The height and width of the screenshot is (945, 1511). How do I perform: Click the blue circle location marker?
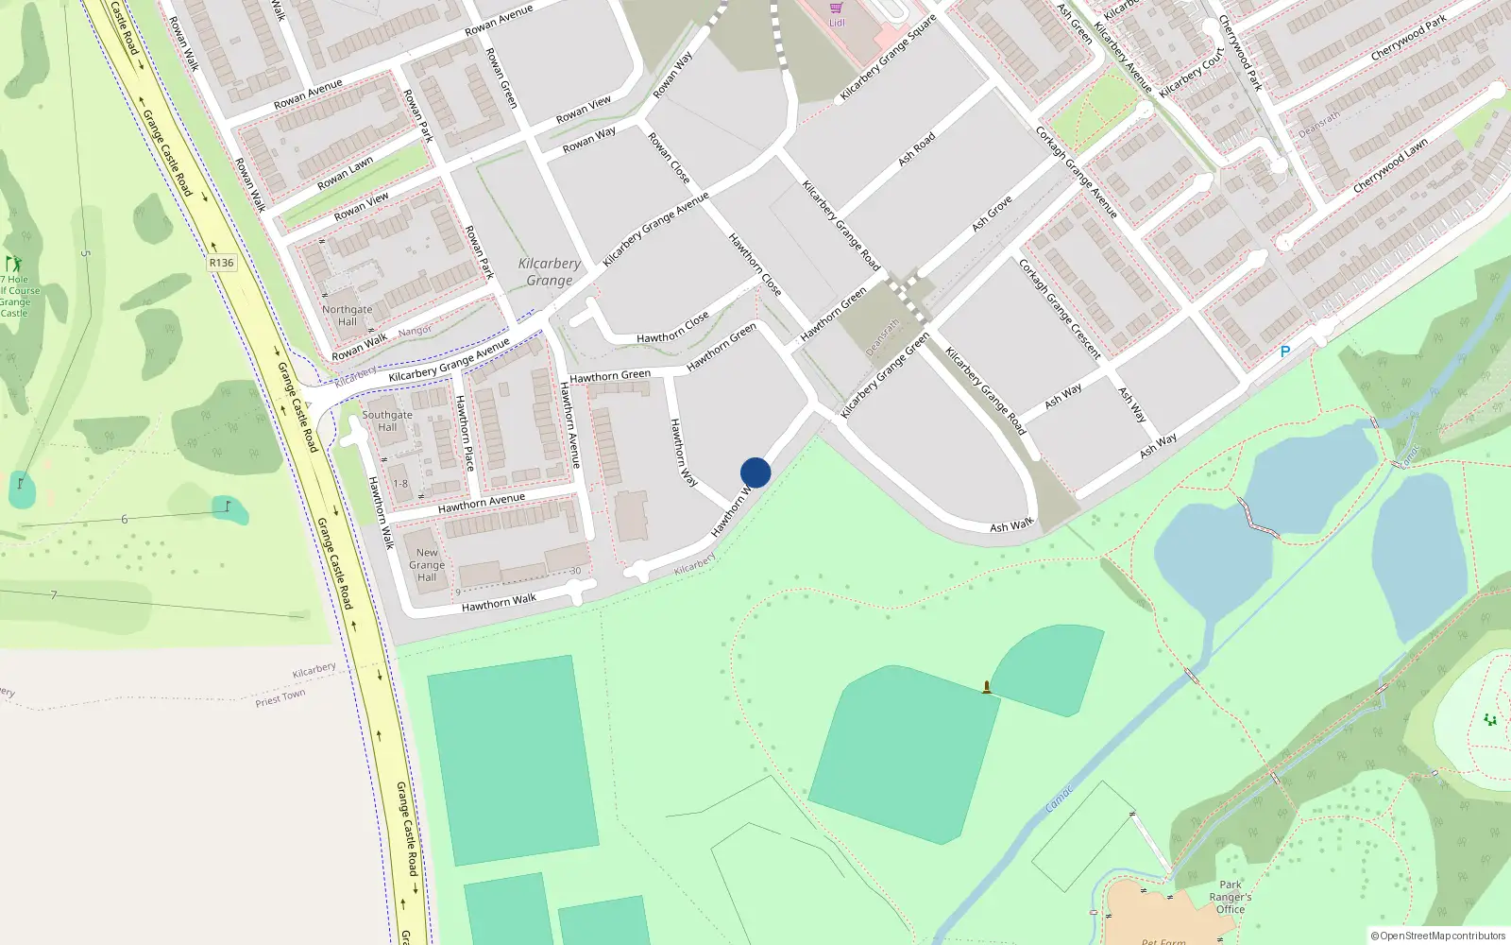755,472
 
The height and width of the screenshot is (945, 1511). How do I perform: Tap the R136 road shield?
221,263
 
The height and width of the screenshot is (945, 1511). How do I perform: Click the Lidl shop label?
837,23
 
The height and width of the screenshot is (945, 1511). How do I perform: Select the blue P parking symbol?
1284,352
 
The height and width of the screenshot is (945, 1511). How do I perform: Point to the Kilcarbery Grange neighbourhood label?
550,272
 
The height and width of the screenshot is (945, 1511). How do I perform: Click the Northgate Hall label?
347,316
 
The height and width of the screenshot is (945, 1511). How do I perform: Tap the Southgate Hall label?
387,421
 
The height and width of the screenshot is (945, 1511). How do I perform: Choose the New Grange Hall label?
427,565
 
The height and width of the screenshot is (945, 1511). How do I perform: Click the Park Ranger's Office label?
1230,897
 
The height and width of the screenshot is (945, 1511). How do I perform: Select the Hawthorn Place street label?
465,433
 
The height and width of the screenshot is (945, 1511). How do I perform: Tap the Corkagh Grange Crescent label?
1060,309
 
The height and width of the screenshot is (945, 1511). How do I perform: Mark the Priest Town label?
280,698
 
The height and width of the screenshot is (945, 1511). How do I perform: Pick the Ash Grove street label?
992,214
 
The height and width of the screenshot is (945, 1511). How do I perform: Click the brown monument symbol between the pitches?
987,687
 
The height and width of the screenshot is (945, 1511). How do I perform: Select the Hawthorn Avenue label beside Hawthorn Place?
570,424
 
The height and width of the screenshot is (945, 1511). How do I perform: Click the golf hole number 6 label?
124,519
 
